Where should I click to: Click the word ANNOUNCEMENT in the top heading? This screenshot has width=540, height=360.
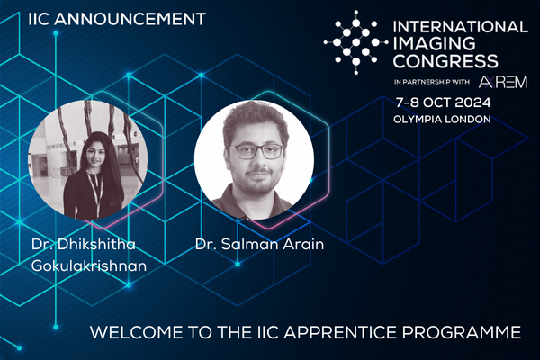(130, 19)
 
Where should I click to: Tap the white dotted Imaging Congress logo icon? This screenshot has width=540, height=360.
(355, 42)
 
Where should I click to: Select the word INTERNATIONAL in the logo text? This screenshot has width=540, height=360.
(461, 27)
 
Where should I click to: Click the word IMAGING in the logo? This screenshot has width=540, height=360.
(435, 44)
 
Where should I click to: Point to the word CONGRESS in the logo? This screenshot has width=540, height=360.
(445, 61)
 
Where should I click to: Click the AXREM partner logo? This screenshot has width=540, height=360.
(503, 82)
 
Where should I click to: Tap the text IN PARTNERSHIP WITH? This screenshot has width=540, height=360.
(432, 82)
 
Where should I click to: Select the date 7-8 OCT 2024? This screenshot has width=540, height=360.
(443, 103)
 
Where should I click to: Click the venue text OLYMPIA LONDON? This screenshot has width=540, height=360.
(442, 120)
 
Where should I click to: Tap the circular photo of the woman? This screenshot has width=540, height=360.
(88, 159)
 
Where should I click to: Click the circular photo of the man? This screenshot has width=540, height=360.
(254, 159)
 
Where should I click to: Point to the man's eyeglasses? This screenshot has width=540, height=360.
(256, 151)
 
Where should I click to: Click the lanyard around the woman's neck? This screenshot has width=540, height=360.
(95, 191)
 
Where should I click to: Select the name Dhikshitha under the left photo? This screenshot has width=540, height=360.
(96, 244)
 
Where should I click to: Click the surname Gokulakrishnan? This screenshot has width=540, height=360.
(89, 265)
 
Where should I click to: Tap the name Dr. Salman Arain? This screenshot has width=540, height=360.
(260, 244)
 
